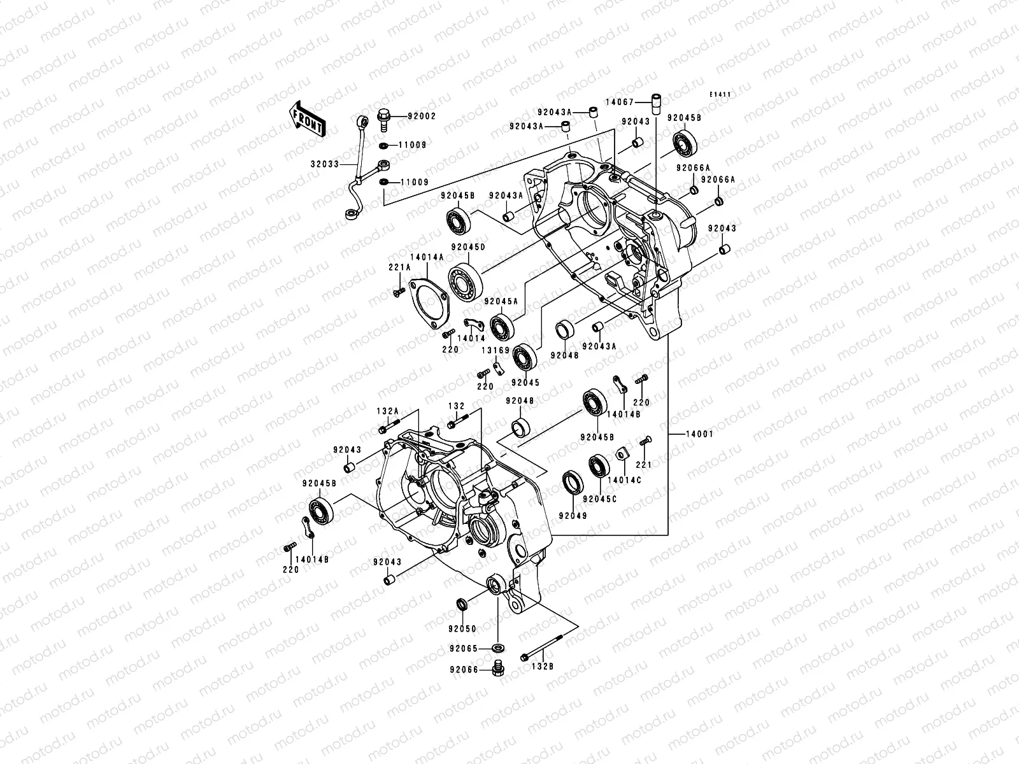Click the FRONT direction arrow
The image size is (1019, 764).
point(317,120)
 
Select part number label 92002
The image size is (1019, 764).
point(422,117)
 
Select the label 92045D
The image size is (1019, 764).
point(468,247)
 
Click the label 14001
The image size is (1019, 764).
point(699,434)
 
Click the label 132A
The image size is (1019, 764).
point(387,412)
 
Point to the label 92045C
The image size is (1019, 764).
point(599,499)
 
